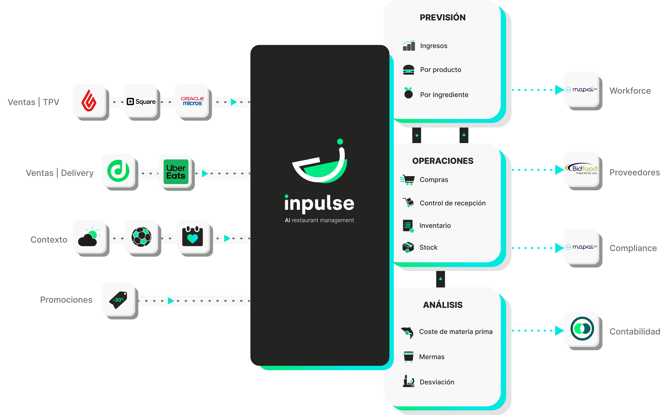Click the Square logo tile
[141, 101]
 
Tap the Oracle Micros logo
[192, 101]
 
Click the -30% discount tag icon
[118, 300]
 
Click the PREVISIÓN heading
[443, 18]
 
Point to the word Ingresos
[434, 46]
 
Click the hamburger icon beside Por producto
[408, 70]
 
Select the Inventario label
[435, 226]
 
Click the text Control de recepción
[452, 203]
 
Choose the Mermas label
[432, 357]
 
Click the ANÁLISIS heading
[443, 305]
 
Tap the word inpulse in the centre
[319, 204]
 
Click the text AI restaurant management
[319, 220]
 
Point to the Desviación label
[437, 382]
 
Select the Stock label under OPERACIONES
[428, 247]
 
